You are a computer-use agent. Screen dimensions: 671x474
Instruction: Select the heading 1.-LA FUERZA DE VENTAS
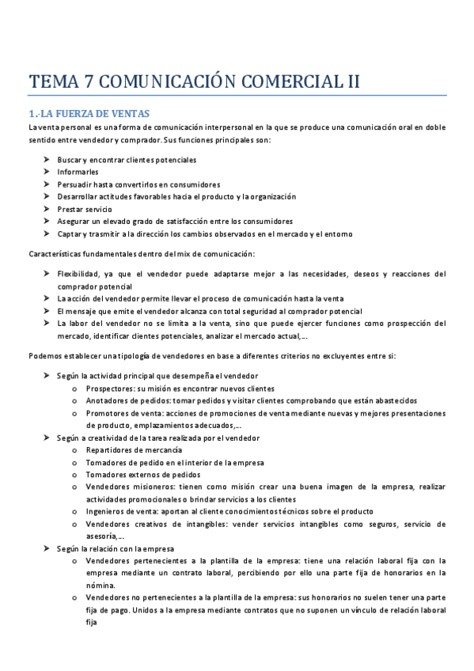(x=88, y=114)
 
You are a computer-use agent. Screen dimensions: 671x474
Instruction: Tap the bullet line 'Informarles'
(x=78, y=172)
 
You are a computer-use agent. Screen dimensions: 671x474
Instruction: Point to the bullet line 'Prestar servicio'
(x=85, y=209)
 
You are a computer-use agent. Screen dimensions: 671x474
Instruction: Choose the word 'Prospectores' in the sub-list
(x=109, y=389)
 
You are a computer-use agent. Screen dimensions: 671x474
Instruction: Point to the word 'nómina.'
(x=100, y=586)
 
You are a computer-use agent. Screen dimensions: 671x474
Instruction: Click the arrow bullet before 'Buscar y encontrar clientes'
(x=47, y=160)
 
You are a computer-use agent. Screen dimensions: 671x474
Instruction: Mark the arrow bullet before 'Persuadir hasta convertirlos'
(x=47, y=184)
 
